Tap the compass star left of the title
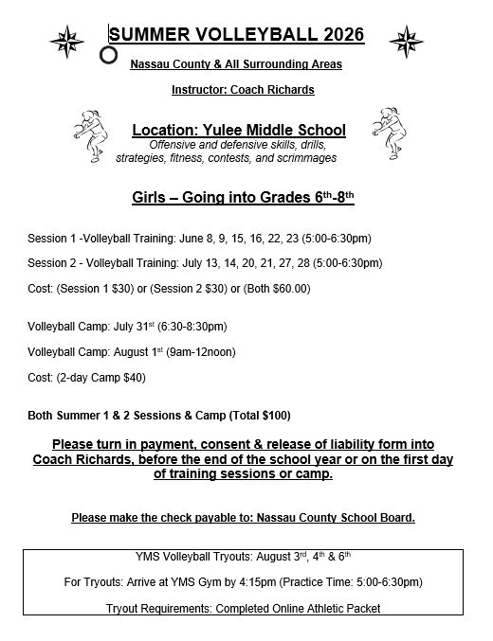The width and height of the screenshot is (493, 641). (65, 40)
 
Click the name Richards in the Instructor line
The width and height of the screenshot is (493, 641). (286, 90)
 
